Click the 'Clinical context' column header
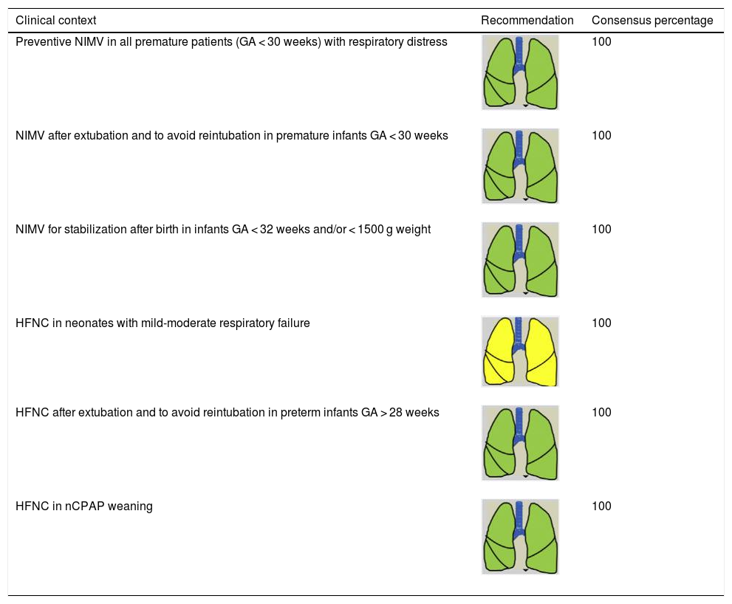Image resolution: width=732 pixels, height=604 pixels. point(56,21)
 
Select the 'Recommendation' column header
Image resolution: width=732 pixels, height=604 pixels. point(527,21)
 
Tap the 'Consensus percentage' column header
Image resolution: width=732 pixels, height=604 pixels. point(652,21)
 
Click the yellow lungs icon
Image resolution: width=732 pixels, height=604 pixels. point(520,351)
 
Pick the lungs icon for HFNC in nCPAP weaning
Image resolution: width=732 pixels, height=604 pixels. point(520,537)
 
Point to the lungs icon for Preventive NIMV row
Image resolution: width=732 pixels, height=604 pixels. point(520,72)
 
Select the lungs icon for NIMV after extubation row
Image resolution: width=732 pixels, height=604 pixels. point(520,166)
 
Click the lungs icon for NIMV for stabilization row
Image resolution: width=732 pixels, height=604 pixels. point(520,260)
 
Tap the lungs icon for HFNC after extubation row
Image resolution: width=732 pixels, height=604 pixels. point(520,442)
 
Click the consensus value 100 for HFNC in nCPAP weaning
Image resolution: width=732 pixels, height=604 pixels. point(601,507)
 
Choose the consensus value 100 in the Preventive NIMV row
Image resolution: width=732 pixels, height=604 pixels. point(601,42)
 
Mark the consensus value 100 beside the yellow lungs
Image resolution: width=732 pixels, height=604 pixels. point(601,323)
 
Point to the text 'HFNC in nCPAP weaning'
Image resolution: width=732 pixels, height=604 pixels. point(84,507)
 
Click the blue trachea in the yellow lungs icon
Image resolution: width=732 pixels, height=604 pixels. point(520,332)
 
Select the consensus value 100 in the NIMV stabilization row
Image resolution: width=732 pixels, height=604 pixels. point(601,229)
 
